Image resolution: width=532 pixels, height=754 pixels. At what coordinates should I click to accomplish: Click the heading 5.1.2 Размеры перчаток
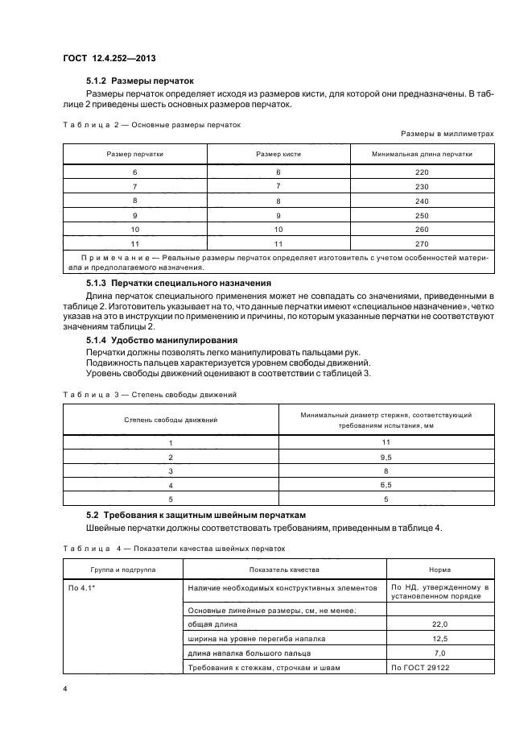139,81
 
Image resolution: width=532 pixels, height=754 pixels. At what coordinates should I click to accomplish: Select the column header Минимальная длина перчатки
422,154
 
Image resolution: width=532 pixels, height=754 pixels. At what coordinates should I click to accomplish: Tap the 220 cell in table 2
422,172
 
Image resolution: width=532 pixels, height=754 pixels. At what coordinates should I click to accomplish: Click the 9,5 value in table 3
386,458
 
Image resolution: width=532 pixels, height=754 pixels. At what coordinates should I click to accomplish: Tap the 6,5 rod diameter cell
386,486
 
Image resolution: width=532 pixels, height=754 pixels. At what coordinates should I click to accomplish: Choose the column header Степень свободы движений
170,420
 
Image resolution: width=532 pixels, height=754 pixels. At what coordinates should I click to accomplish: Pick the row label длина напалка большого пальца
249,652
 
